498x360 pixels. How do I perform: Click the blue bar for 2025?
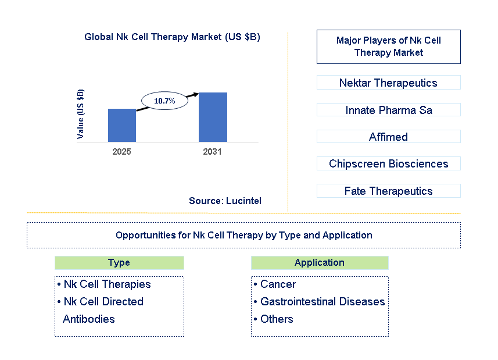pyautogui.click(x=122, y=125)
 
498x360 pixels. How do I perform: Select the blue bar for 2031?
pyautogui.click(x=213, y=117)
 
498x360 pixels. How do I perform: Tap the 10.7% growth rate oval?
pyautogui.click(x=164, y=101)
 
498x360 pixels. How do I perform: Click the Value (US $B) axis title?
pyautogui.click(x=81, y=114)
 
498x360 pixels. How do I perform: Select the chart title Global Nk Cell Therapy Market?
pyautogui.click(x=172, y=37)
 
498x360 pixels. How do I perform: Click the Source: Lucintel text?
pyautogui.click(x=225, y=201)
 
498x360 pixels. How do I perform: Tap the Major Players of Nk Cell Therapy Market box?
pyautogui.click(x=388, y=47)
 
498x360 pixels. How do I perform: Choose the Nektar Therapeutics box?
pyautogui.click(x=388, y=83)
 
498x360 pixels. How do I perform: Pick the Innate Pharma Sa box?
pyautogui.click(x=388, y=110)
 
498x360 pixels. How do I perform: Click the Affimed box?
pyautogui.click(x=388, y=137)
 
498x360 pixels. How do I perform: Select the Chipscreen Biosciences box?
pyautogui.click(x=388, y=164)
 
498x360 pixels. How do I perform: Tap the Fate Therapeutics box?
pyautogui.click(x=388, y=191)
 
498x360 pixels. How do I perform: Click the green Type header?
pyautogui.click(x=119, y=263)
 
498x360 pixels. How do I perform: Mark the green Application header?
pyautogui.click(x=320, y=263)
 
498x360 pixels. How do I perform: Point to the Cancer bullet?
pyautogui.click(x=278, y=284)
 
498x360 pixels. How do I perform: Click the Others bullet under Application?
pyautogui.click(x=277, y=319)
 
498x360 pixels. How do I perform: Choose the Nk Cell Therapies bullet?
pyautogui.click(x=107, y=284)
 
